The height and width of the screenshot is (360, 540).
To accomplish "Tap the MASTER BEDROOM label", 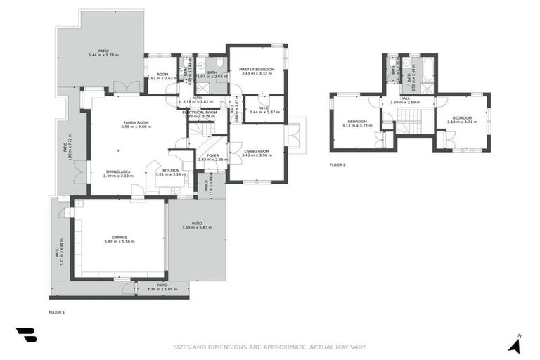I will [256, 68].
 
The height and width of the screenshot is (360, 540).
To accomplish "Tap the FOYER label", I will [212, 155].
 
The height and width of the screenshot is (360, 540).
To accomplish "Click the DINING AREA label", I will [117, 172].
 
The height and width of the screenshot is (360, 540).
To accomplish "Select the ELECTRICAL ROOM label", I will [200, 112].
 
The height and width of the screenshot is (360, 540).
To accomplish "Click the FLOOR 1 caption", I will [57, 311].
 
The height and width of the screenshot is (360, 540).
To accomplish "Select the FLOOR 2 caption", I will [337, 165].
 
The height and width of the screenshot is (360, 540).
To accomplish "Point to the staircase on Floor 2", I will [407, 127].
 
